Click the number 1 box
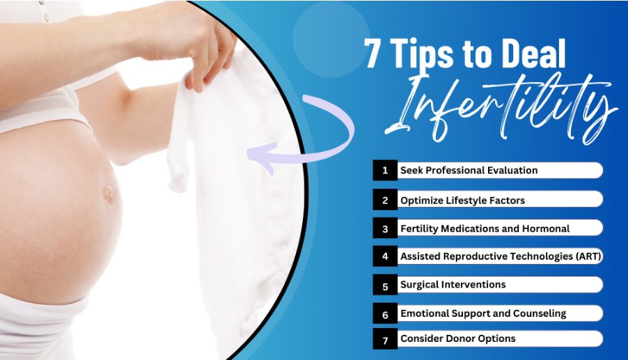coord(385,170)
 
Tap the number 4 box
coord(385,256)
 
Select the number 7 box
coord(385,339)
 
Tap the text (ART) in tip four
coord(588,256)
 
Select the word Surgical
coord(418,285)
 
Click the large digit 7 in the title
coord(372,54)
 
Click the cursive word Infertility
coord(501,109)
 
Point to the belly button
coord(108,193)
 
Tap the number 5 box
coord(385,285)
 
